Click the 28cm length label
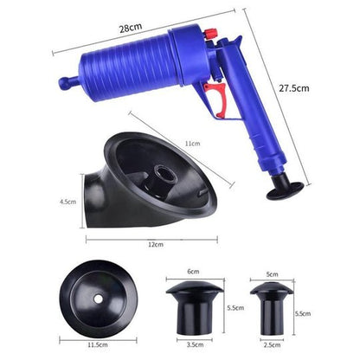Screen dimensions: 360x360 point(132,29)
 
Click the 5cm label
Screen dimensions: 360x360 point(273,273)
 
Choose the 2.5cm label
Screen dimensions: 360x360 point(272,344)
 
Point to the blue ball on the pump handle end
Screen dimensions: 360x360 point(64,84)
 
